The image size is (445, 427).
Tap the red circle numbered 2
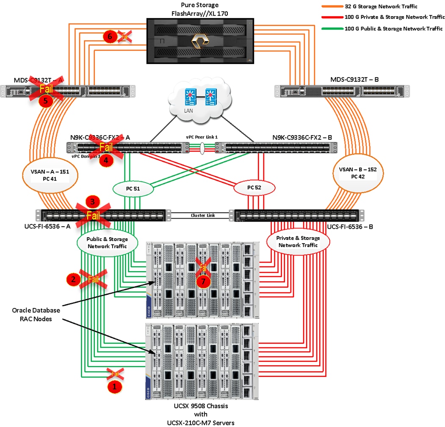[73, 279]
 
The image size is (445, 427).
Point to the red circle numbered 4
[106, 161]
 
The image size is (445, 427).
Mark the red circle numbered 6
[110, 37]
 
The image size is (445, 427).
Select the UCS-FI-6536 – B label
[350, 227]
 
